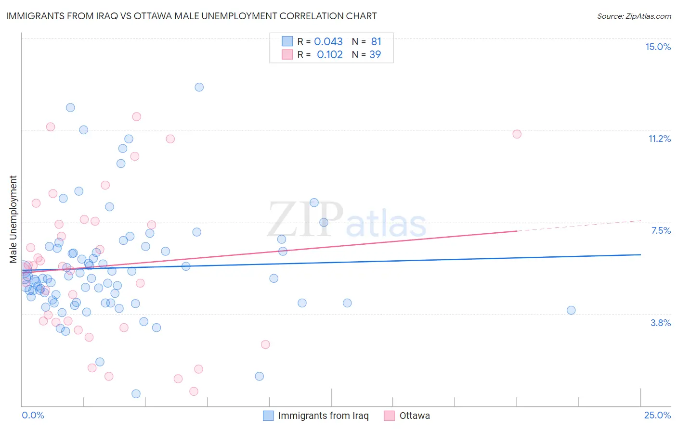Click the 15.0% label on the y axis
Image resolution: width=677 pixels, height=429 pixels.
pos(658,47)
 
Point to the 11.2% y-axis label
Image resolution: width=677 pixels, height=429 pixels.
pos(659,139)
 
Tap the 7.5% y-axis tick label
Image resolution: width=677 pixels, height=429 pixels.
pos(661,230)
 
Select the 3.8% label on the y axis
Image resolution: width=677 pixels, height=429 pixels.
pos(661,323)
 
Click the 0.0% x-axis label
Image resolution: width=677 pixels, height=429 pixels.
pos(33,415)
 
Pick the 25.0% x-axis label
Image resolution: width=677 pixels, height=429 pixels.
pos(657,415)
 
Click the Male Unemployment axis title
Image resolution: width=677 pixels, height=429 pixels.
pos(13,219)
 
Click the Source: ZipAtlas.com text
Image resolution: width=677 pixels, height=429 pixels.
pos(634,16)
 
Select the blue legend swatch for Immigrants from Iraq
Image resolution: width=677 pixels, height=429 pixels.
pos(268,416)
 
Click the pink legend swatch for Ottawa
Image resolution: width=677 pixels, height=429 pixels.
pos(390,416)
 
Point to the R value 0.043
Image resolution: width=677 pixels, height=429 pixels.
pos(328,42)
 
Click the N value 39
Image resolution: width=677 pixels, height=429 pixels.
pos(375,55)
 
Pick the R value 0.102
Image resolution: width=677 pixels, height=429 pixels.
pos(330,55)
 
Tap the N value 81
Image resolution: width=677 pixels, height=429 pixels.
pos(376,42)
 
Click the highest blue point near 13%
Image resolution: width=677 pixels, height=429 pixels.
pos(199,87)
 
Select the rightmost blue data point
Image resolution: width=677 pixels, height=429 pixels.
pos(571,310)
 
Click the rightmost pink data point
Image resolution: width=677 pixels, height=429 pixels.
pos(517,134)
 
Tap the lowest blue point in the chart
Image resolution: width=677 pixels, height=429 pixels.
pos(136,394)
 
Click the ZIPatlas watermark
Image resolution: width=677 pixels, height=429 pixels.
pos(347,221)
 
